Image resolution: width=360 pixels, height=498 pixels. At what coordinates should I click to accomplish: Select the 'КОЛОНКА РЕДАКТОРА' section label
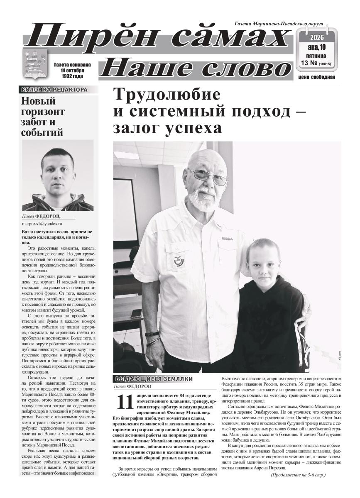pos(54,89)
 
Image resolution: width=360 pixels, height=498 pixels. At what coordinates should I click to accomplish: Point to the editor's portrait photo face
pos(58,173)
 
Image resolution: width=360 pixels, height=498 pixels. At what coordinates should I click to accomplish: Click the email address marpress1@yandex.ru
pos(42,223)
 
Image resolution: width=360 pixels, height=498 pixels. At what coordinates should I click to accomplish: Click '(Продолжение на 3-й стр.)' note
pos(298,474)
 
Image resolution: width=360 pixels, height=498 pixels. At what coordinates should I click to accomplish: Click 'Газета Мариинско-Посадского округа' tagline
pos(279,24)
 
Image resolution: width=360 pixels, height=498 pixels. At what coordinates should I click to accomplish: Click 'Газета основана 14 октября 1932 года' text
pos(72,71)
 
